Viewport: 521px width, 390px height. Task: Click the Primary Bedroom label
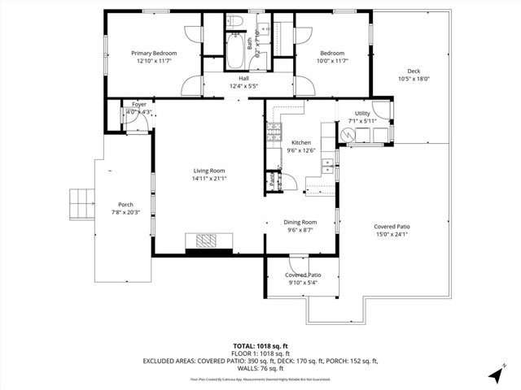[x=155, y=54]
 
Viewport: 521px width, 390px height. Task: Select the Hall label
[x=244, y=77]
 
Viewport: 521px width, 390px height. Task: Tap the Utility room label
[x=362, y=114]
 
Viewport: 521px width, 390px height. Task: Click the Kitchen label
[x=301, y=142]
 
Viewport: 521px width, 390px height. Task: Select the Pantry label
[x=271, y=181]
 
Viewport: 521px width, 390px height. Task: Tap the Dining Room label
[x=300, y=222]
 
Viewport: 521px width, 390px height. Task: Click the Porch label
[x=125, y=205]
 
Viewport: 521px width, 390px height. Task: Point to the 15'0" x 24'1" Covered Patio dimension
[x=392, y=235]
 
